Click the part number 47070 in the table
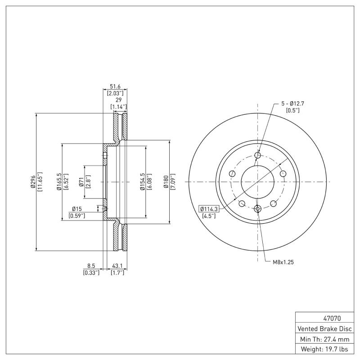point(324,318)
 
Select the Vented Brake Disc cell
point(324,328)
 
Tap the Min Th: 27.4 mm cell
point(324,339)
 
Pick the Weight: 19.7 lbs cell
point(324,349)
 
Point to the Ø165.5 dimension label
point(59,182)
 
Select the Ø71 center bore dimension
point(81,182)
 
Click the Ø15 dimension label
point(76,209)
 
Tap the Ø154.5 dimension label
point(142,182)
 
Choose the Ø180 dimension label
point(166,182)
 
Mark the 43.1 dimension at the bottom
point(117,266)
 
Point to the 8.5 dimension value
point(90,266)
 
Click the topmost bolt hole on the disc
point(258,156)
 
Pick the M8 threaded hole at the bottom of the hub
point(258,208)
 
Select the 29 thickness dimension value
point(119,100)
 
